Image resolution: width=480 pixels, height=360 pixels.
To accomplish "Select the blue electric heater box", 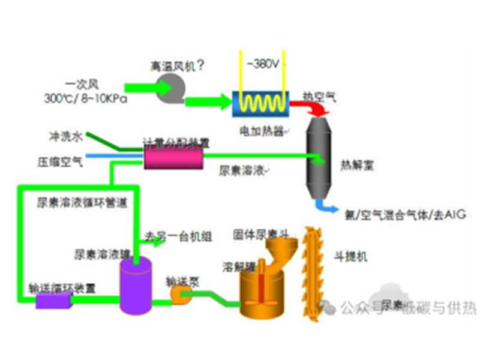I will (261, 104).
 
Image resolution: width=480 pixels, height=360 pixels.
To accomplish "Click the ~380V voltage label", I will (263, 61).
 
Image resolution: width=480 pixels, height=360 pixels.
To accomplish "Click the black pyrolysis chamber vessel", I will (319, 159).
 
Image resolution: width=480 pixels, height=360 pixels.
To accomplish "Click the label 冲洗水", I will (64, 136).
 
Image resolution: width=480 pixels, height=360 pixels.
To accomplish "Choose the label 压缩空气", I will (59, 161).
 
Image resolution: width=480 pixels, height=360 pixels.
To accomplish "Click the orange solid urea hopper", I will (281, 252).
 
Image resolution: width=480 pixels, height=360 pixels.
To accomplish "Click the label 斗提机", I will (350, 257).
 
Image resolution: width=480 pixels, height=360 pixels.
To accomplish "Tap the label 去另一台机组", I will (178, 236).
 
